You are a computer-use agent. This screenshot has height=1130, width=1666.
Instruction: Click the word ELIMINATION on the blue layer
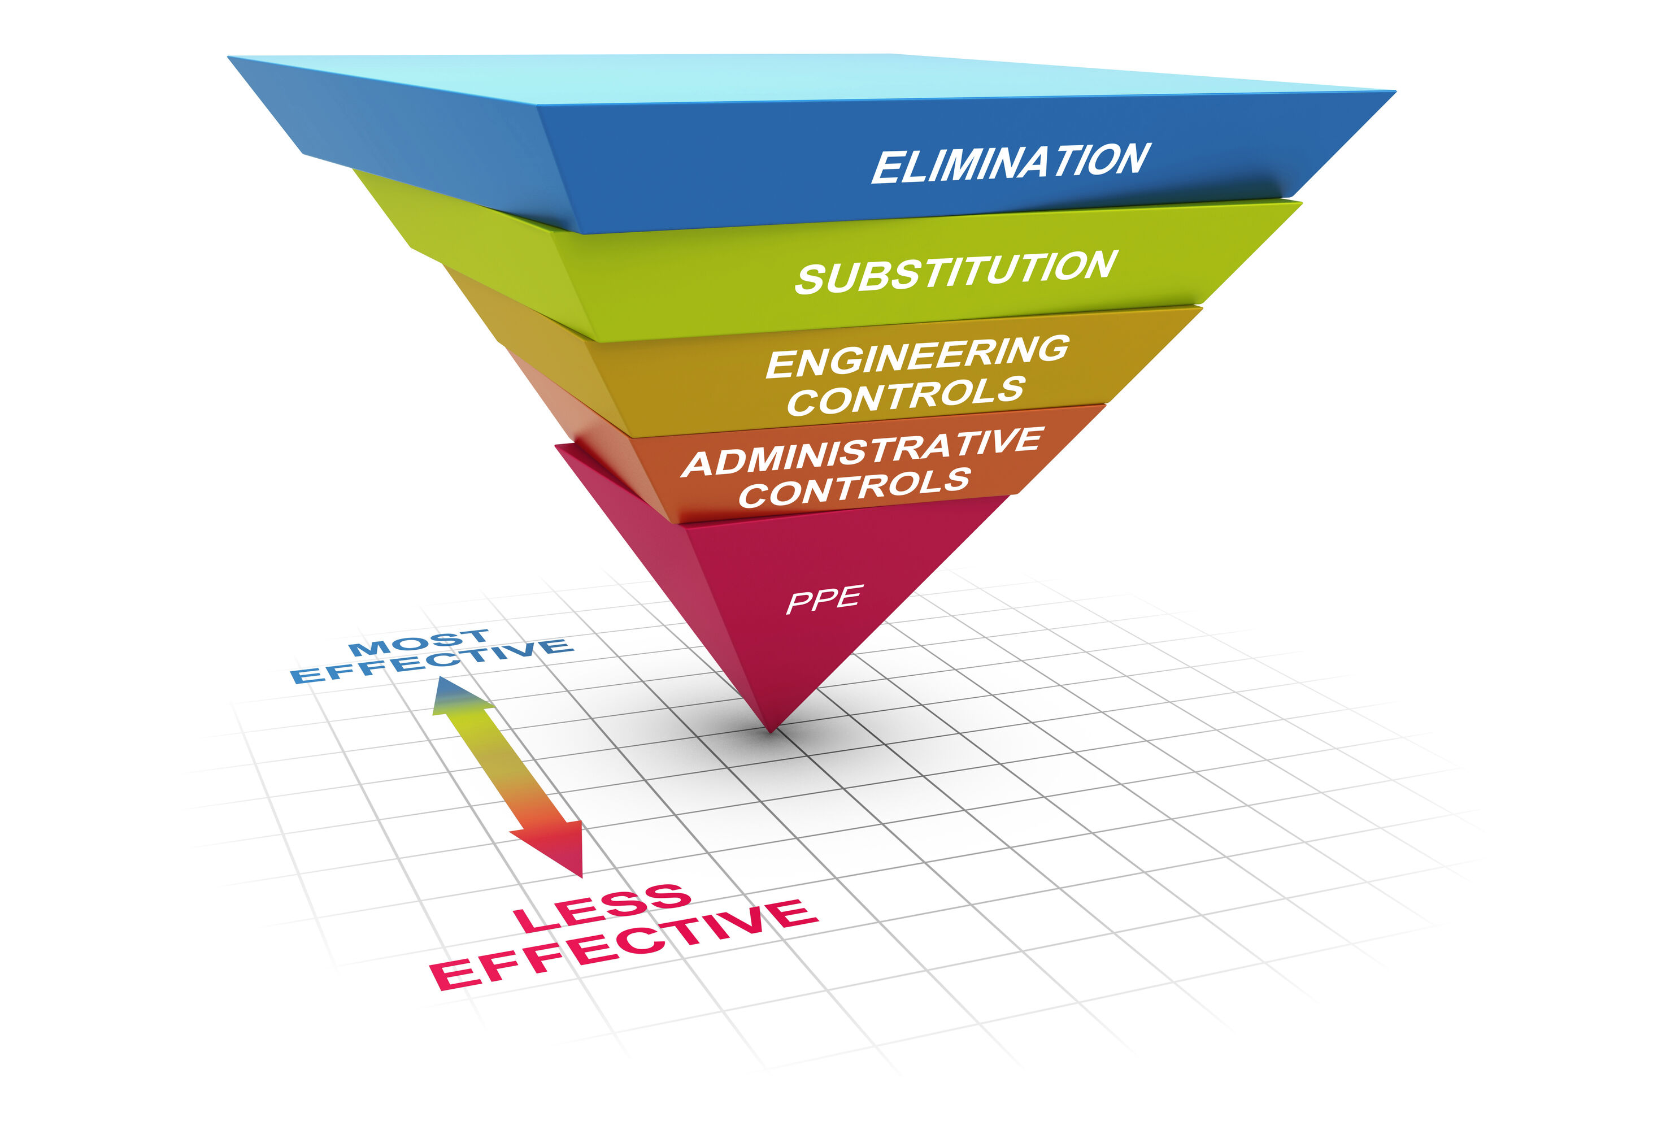pos(1011,163)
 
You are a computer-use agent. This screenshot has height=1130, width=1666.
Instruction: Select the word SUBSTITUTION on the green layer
pos(956,272)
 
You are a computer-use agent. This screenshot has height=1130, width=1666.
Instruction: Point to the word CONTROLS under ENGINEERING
pos(906,396)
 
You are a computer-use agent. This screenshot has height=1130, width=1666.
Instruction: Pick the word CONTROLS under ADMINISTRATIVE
pos(855,488)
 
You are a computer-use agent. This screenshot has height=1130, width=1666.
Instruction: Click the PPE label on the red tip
pos(824,599)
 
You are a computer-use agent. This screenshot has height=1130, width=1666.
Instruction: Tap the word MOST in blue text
pos(419,643)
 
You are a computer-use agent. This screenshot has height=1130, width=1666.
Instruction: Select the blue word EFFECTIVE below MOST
pos(432,662)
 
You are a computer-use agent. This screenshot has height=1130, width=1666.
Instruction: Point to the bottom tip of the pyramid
pos(771,731)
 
